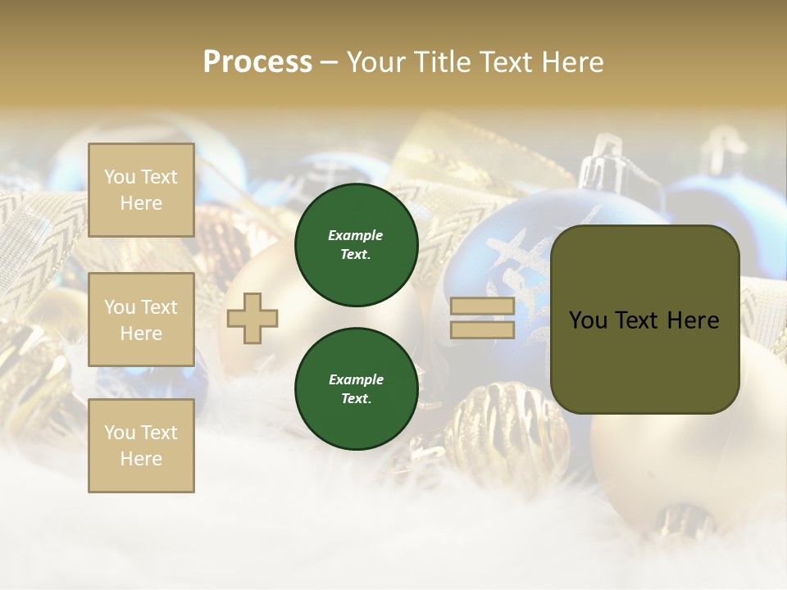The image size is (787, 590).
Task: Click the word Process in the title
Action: point(257,62)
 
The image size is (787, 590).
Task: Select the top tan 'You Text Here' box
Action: point(141,190)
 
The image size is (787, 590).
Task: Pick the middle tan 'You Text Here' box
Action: point(141,320)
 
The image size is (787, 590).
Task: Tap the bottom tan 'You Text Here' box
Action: point(141,445)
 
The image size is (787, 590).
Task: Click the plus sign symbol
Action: point(252,318)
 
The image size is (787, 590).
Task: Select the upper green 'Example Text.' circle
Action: point(356,245)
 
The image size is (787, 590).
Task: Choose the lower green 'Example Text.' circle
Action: point(356,388)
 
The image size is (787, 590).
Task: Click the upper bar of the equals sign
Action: point(483,306)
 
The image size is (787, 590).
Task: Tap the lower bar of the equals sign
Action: point(483,329)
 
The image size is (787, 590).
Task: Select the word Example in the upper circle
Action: point(355,235)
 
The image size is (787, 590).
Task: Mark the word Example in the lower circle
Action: point(355,379)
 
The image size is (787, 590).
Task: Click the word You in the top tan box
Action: point(120,177)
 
